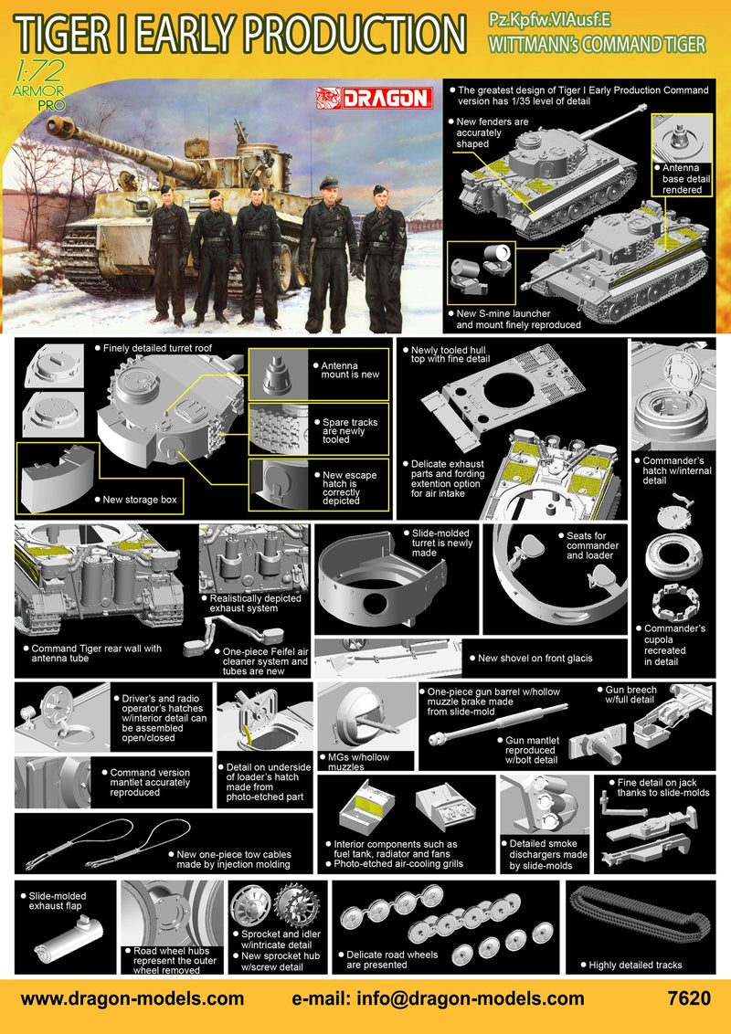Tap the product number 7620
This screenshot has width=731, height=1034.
click(689, 998)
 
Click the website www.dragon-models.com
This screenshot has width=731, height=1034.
click(132, 998)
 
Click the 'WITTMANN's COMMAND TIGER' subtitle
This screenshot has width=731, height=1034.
click(600, 43)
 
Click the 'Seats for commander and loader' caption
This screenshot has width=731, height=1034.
click(591, 545)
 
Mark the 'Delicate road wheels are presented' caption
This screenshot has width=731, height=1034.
click(392, 960)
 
